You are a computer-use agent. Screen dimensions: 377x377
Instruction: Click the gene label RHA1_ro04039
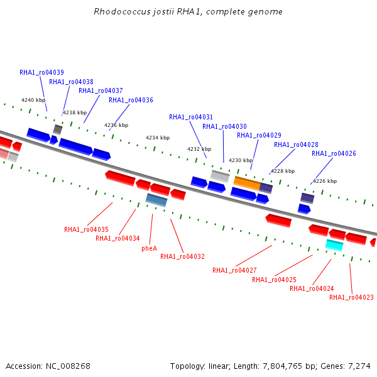coord(41,72)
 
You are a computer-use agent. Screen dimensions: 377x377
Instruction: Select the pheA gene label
coord(150,248)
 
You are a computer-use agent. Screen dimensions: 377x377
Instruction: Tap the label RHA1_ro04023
coord(351,297)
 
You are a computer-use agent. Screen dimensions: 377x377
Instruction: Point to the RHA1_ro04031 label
coord(191,117)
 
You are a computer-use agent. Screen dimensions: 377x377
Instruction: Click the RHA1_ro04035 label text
coord(86,229)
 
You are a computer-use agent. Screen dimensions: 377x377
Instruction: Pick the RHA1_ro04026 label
coord(334,153)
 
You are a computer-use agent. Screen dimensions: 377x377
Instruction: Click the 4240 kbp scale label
coord(33,100)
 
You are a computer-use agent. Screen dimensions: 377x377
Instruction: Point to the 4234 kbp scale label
coord(158,138)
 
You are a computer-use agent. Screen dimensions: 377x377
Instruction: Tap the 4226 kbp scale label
coord(325,181)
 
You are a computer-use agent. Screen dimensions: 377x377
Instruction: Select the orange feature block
coord(247,183)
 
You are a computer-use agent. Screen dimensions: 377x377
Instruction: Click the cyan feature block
coord(334,245)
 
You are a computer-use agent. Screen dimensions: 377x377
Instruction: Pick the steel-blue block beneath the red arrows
coord(156,200)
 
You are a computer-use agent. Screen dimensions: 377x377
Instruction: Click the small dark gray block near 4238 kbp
coord(58,129)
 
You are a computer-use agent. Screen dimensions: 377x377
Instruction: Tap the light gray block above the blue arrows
coord(220,176)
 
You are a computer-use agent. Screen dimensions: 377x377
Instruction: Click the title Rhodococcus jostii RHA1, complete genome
coord(188,11)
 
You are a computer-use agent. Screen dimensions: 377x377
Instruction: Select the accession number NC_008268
coord(68,366)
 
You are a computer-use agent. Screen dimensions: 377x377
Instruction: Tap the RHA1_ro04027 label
coord(234,270)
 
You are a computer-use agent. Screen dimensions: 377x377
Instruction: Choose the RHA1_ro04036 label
coord(131,100)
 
